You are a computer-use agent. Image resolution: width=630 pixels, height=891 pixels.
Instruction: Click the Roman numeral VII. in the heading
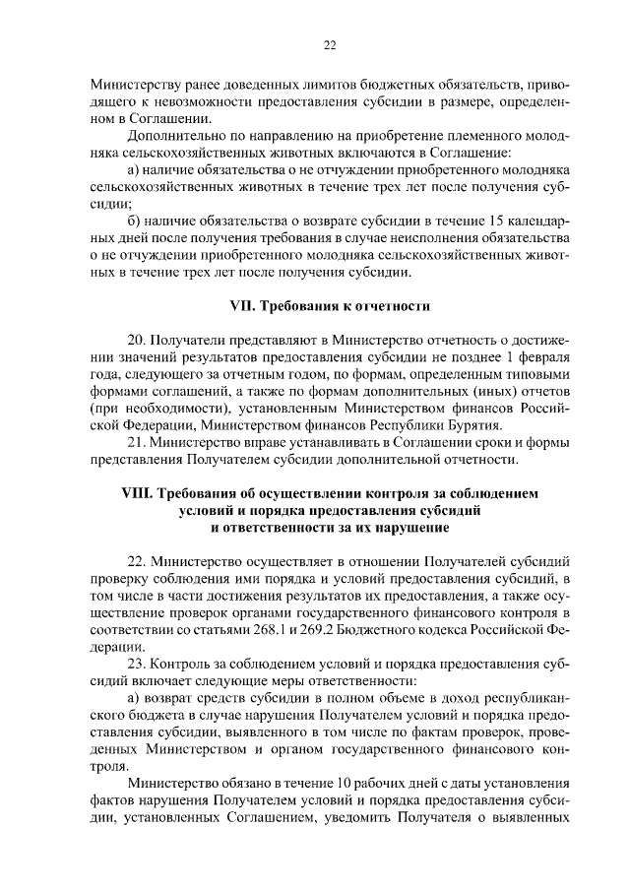[240, 307]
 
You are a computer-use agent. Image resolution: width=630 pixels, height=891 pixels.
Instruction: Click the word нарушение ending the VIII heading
[382, 527]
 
